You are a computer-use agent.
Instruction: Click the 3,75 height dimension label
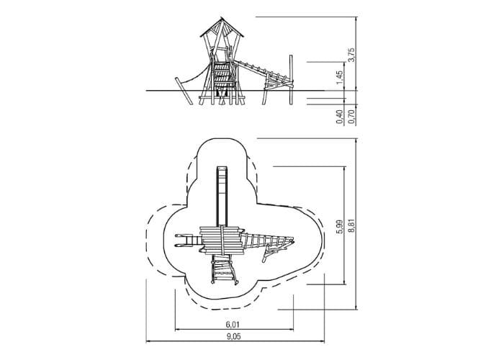(351, 55)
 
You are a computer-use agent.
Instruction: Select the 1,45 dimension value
(340, 78)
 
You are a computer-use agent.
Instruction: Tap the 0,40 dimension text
(340, 117)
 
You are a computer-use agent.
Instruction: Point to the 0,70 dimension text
(351, 117)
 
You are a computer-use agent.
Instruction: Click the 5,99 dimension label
(339, 227)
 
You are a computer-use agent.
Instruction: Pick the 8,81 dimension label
(351, 227)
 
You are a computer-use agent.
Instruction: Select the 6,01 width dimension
(233, 324)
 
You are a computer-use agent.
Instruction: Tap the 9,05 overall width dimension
(234, 336)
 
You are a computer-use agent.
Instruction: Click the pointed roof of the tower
(222, 27)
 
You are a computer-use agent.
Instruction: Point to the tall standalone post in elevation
(291, 80)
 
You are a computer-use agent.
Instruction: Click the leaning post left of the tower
(184, 91)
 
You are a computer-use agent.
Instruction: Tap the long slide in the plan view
(222, 196)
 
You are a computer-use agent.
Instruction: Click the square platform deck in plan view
(221, 240)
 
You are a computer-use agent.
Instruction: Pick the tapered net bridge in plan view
(267, 241)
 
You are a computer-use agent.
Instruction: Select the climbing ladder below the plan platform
(224, 269)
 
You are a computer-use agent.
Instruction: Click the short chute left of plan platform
(188, 241)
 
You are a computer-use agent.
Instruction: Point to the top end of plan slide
(222, 167)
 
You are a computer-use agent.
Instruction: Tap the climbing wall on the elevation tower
(222, 76)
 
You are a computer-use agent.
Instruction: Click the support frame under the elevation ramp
(277, 87)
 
